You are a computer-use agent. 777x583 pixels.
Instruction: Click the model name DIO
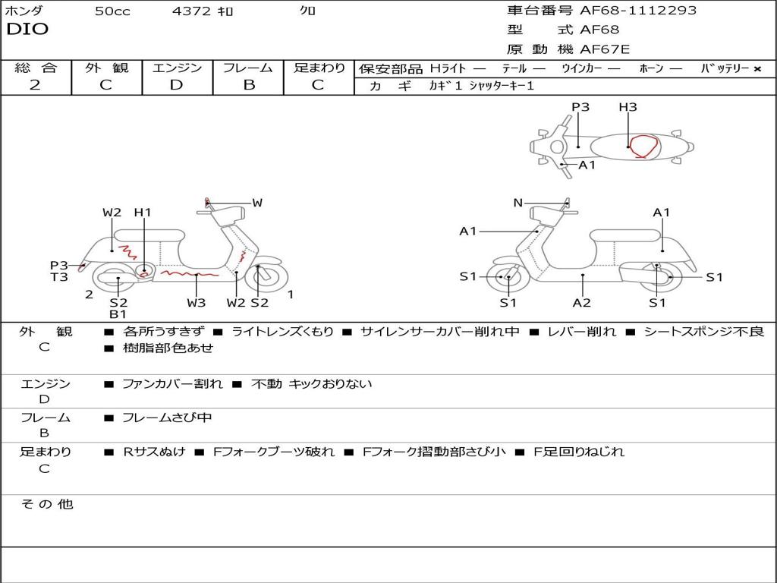[x=27, y=29]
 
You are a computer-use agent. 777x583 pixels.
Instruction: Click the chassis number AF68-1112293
[x=638, y=10]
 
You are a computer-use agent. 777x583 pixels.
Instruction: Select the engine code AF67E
[x=605, y=49]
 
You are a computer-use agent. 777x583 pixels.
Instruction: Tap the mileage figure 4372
[x=191, y=11]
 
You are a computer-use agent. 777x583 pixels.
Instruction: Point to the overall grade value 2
[x=35, y=85]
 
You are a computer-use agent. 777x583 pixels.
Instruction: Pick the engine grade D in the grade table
[x=176, y=85]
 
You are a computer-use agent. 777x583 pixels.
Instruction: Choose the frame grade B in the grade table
[x=249, y=85]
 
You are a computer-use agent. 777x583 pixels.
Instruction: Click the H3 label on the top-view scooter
[x=628, y=106]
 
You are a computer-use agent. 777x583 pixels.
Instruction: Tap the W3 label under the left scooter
[x=197, y=302]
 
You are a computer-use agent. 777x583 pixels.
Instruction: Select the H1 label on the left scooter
[x=143, y=213]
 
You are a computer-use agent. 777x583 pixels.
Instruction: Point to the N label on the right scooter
[x=517, y=202]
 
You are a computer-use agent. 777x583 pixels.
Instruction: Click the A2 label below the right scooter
[x=582, y=302]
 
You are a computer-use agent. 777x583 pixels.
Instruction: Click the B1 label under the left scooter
[x=118, y=314]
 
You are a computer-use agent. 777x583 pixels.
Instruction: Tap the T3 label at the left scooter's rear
[x=59, y=276]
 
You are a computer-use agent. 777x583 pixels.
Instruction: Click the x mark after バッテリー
[x=757, y=69]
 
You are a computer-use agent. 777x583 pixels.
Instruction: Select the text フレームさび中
[x=167, y=418]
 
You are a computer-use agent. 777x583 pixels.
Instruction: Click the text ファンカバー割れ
[x=172, y=383]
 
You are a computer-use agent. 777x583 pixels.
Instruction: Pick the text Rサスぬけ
[x=154, y=452]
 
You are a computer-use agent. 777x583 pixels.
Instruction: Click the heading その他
[x=47, y=504]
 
